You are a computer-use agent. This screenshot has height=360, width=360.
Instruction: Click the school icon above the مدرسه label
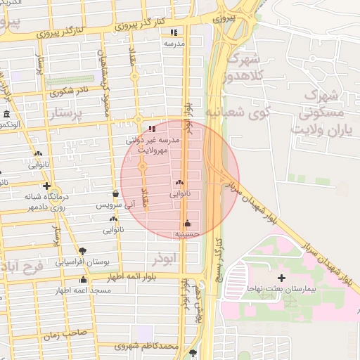(174, 32)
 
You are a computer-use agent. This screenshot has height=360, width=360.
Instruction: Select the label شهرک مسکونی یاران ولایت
(321, 112)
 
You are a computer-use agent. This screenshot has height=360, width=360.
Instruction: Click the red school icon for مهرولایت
(153, 129)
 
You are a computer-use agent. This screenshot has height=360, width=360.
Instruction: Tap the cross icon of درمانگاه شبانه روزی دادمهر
(46, 186)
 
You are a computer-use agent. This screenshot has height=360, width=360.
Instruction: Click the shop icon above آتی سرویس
(115, 194)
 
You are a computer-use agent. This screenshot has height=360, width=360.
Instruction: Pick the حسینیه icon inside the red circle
(187, 224)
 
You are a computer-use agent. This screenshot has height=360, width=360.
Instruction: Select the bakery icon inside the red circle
(180, 181)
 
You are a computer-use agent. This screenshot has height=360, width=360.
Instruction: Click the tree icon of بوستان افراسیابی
(83, 250)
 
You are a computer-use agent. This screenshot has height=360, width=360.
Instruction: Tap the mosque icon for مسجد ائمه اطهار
(83, 280)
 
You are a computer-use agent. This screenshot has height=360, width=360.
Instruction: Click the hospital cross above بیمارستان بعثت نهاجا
(281, 278)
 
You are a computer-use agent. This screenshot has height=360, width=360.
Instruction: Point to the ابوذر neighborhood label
(177, 258)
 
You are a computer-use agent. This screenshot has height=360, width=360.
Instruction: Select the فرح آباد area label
(22, 267)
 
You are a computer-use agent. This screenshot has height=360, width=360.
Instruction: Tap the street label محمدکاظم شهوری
(150, 346)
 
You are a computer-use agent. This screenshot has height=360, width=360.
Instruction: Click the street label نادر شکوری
(70, 90)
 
